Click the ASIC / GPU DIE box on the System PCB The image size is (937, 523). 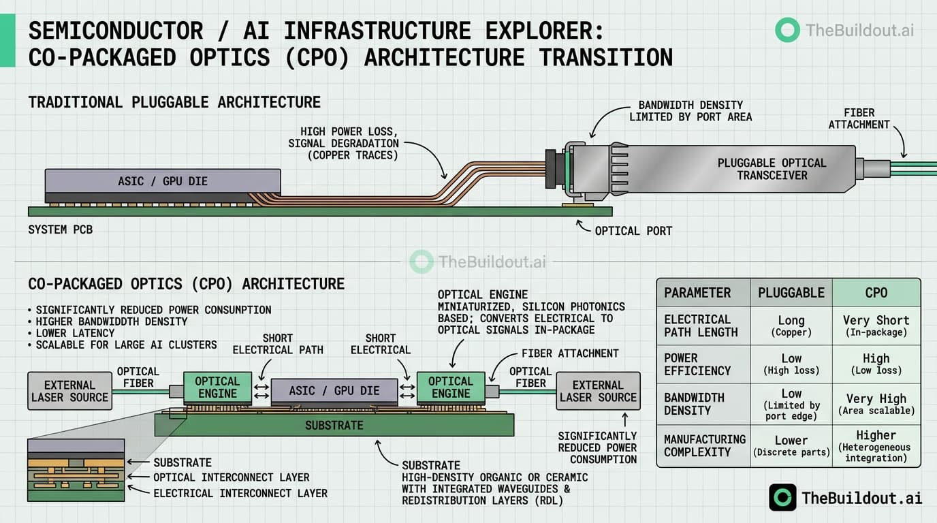click(x=163, y=181)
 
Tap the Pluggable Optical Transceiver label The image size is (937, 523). click(x=772, y=169)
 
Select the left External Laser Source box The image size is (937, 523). click(x=70, y=391)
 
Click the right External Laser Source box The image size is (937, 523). click(x=598, y=391)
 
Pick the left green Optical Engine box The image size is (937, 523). click(x=217, y=387)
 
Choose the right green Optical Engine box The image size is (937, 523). click(x=451, y=387)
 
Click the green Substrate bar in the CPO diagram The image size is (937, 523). click(x=334, y=425)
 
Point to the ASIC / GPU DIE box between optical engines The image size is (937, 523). click(x=334, y=391)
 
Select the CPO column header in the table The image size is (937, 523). click(x=876, y=293)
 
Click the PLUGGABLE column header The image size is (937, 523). click(x=791, y=293)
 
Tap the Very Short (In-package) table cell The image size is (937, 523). click(x=876, y=326)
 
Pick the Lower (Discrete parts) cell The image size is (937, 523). click(x=791, y=445)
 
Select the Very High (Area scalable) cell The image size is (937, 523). click(x=876, y=404)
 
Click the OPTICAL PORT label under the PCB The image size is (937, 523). click(x=633, y=231)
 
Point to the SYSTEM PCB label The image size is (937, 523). click(x=60, y=229)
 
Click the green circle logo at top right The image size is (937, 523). click(x=787, y=30)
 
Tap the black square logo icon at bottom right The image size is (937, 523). click(x=782, y=497)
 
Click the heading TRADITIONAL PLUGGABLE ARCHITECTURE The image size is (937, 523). click(x=174, y=103)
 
